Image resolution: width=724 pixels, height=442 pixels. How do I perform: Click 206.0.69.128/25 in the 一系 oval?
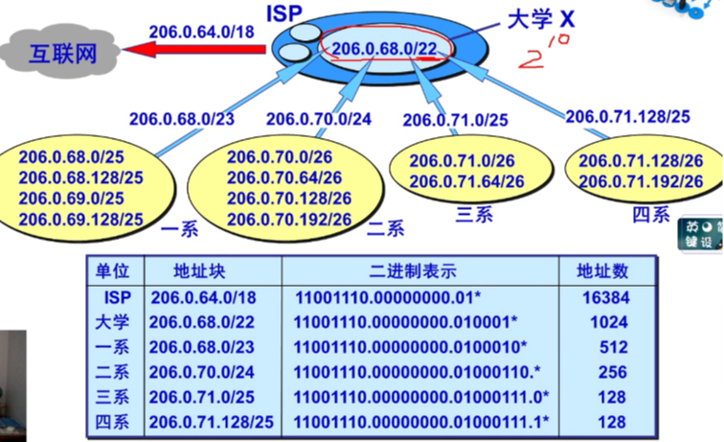80,220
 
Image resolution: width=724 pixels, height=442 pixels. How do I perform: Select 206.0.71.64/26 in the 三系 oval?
466,181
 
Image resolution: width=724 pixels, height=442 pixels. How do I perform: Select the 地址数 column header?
605,271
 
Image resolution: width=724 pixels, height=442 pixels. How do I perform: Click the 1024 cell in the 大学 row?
605,321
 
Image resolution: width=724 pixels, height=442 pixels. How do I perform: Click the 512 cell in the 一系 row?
605,346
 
